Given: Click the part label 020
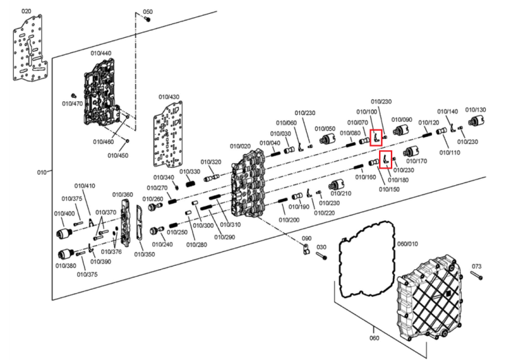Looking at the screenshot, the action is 26,12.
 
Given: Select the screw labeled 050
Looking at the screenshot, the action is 148,19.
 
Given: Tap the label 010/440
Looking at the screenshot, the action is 101,53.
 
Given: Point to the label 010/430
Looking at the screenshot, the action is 169,97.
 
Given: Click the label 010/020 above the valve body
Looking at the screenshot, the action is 240,146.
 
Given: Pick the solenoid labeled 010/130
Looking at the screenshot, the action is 477,121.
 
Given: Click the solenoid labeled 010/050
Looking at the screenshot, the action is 327,140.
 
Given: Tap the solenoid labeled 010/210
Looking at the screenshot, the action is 337,185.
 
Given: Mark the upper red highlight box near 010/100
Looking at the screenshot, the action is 376,138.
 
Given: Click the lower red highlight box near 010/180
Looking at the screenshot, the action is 386,160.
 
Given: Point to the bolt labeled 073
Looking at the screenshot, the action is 477,275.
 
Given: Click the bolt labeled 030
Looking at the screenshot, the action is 322,255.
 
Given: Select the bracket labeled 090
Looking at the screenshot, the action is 306,249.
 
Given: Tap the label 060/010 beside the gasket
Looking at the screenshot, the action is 408,244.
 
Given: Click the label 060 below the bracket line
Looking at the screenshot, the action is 374,338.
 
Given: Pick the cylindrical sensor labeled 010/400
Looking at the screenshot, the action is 65,233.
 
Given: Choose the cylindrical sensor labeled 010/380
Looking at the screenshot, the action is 67,254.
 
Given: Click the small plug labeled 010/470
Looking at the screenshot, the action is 74,96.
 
